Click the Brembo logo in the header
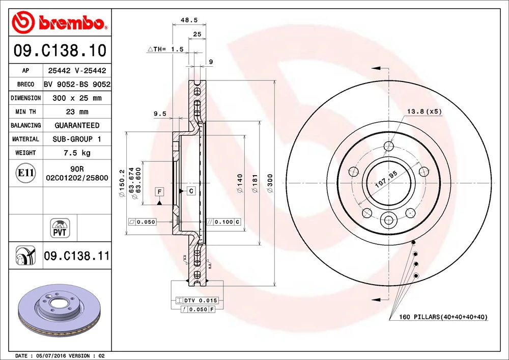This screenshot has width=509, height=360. point(60,22)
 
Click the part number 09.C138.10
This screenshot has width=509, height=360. point(60,51)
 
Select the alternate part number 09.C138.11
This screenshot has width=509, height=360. point(76,256)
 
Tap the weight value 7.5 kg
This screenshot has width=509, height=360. point(77,153)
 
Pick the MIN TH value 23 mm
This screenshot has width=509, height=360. point(77,112)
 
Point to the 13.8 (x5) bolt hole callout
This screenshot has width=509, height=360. point(425,111)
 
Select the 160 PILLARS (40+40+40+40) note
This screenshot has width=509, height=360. point(438,317)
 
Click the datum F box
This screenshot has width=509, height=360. point(159,191)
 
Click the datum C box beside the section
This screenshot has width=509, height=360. point(191,191)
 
